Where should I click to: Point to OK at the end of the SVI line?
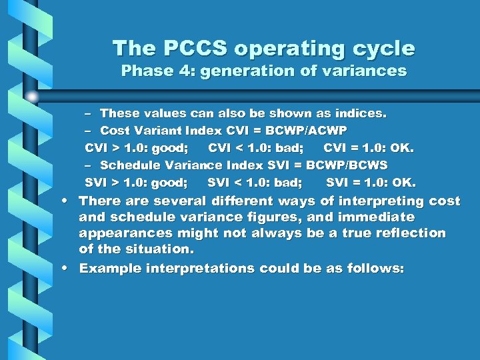[403, 182]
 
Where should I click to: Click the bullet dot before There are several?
[69, 201]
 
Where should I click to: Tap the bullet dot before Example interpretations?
[69, 268]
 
